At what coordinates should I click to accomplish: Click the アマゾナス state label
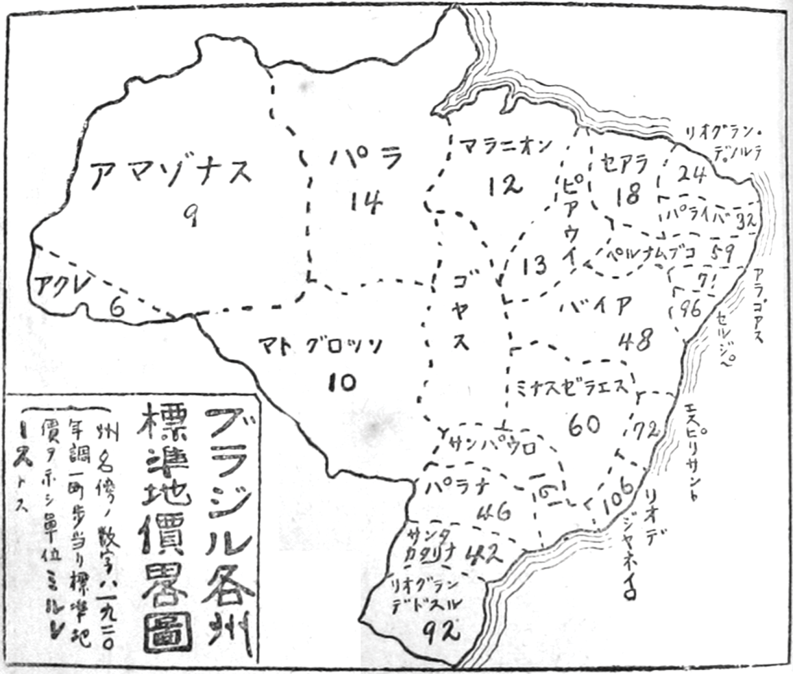coord(171,171)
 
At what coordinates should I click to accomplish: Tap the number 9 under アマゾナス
coord(191,215)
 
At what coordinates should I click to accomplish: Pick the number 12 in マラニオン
coord(504,184)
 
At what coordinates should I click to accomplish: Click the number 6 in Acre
coord(116,306)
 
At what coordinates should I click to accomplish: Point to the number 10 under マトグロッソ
coord(342,383)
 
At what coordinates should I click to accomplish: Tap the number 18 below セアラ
coord(627,197)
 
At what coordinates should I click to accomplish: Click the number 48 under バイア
coord(635,339)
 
